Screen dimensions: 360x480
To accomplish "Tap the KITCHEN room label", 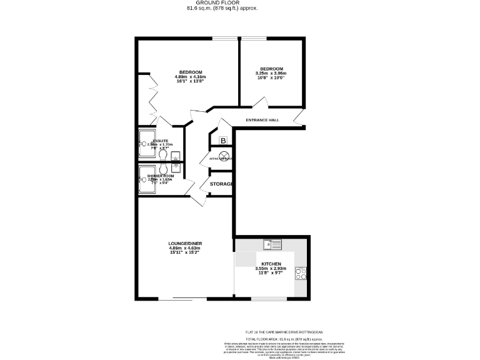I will click(271, 264).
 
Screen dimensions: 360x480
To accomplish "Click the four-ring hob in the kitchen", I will click(301, 273).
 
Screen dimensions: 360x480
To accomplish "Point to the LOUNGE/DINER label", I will click(185, 243).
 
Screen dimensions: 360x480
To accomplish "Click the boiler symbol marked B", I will click(223, 141).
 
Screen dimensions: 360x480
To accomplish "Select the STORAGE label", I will click(221, 184).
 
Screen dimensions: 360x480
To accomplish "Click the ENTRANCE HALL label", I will click(262, 120).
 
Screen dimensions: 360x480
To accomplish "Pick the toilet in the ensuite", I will click(162, 154).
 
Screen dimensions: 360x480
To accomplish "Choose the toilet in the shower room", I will click(162, 169).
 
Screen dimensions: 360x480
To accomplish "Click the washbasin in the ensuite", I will click(176, 156).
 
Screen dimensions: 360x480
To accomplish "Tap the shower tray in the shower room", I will click(148, 179).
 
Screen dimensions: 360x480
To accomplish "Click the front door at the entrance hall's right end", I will click(299, 117).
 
